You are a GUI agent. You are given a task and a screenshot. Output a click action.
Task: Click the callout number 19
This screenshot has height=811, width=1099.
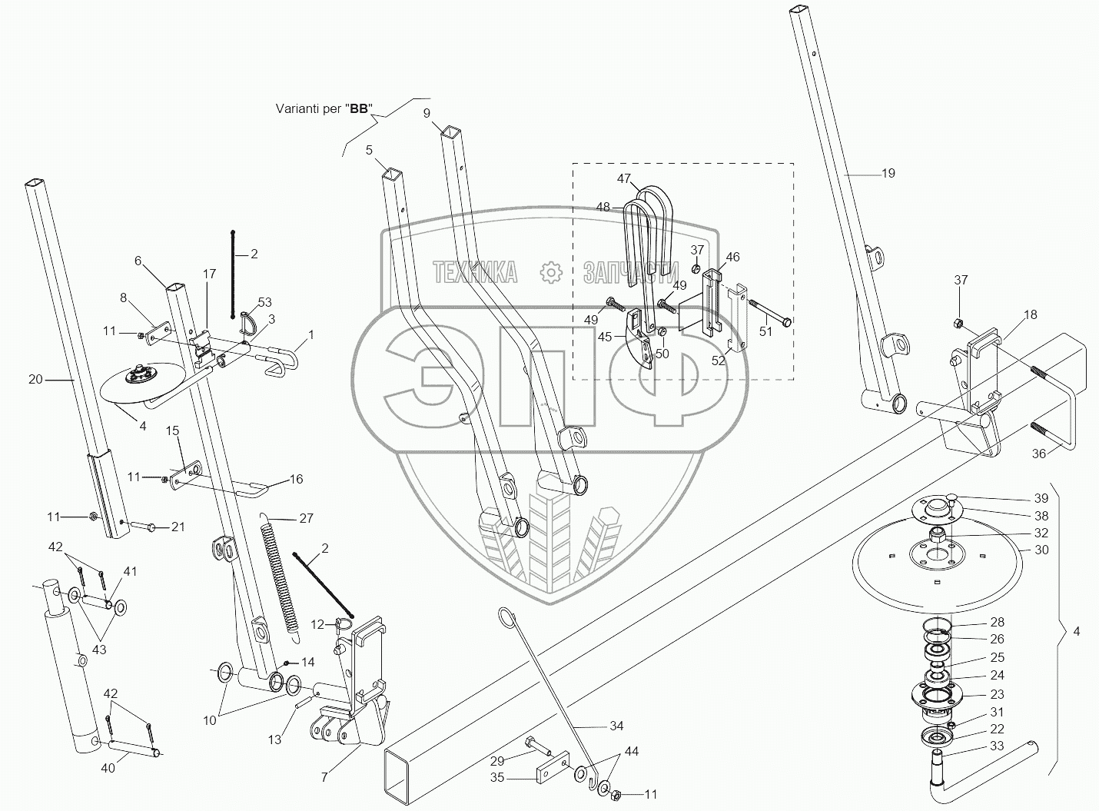tap(888, 174)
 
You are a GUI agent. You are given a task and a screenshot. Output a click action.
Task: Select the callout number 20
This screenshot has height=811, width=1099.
tap(35, 379)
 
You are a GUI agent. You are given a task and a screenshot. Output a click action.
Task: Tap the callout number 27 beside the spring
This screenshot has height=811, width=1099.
tap(306, 519)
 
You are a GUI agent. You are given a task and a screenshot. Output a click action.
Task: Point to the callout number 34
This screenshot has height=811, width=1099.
tap(616, 726)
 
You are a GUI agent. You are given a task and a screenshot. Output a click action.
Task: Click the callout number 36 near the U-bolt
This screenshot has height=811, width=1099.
tap(1038, 454)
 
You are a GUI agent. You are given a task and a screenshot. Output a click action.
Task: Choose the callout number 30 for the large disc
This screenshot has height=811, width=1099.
tap(1041, 550)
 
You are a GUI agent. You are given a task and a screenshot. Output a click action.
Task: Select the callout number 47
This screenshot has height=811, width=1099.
tap(623, 178)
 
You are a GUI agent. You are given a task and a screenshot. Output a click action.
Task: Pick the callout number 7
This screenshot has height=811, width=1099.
tap(324, 777)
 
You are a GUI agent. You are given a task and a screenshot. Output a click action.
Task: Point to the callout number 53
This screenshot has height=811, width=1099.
tap(264, 302)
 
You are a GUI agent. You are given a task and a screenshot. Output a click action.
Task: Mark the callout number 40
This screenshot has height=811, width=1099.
tap(108, 769)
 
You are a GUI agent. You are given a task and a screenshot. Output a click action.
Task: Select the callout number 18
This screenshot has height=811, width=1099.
tap(1030, 314)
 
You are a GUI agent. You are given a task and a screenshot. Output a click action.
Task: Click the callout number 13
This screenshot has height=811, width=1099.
tap(274, 740)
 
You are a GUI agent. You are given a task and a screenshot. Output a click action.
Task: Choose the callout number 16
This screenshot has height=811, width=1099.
tap(295, 479)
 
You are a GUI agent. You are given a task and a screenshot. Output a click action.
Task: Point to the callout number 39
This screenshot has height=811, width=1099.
tap(1041, 499)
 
